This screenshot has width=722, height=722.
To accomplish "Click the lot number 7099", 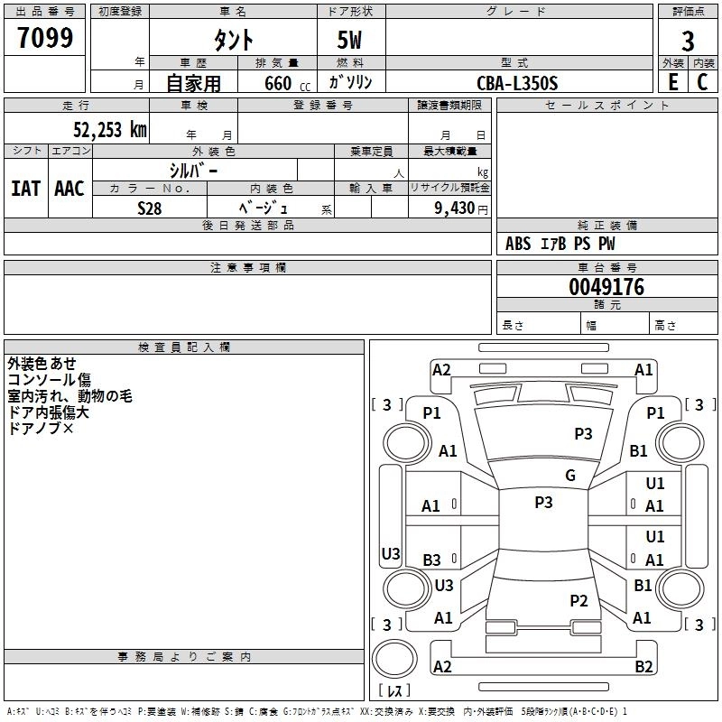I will pos(45,38).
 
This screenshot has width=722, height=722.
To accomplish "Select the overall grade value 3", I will pos(688,41).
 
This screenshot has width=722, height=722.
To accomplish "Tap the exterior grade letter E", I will pos(672,82).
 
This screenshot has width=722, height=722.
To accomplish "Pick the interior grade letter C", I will pos(702,82).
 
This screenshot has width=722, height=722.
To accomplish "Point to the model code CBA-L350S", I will pos(518,83).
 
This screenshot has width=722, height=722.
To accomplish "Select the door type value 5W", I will pos(350,41).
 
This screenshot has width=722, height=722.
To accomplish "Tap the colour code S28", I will pos(149,208).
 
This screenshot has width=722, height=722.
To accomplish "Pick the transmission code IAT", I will pos(26,189).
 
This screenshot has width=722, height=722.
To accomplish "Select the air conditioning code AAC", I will pos(69,189).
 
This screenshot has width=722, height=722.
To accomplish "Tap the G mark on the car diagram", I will pos(570,476).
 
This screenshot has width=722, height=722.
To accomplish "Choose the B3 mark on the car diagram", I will pos(432,560).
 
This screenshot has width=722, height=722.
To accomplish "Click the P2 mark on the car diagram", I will pos(579,601).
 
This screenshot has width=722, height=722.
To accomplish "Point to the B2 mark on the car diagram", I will pos(643,667).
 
